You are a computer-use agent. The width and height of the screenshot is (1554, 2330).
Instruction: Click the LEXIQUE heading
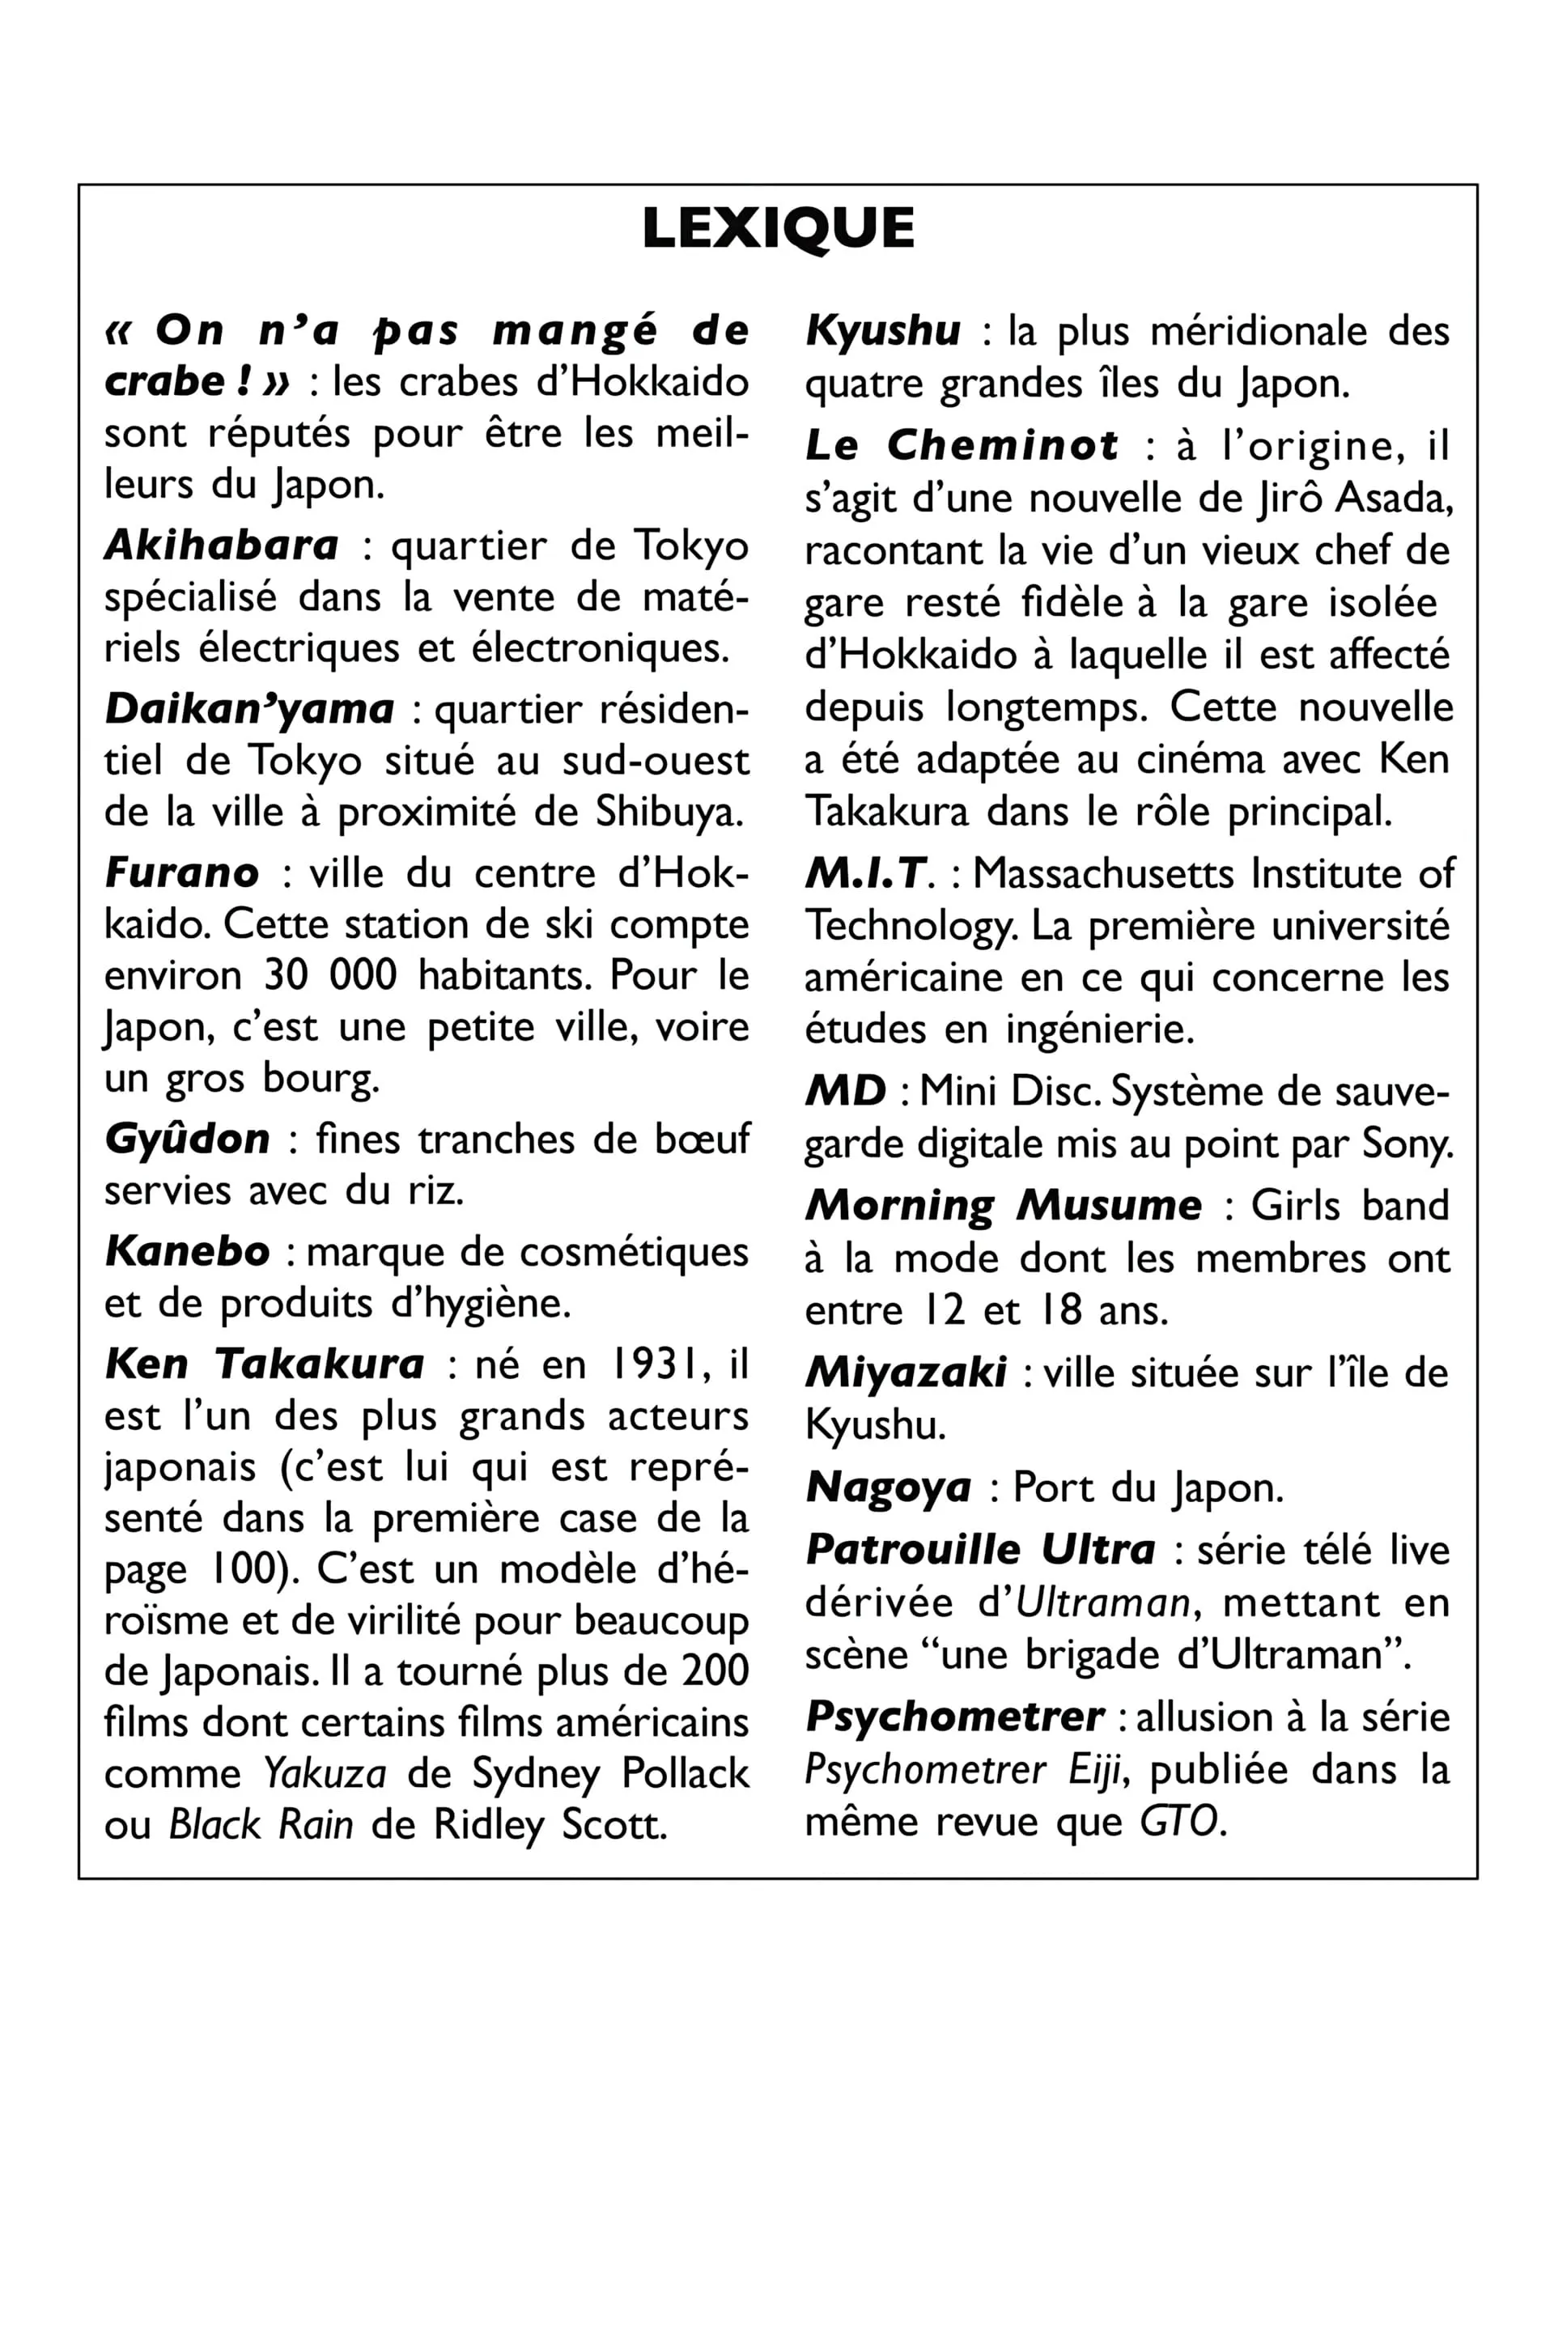778,229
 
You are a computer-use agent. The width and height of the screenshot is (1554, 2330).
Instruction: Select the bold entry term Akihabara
222,545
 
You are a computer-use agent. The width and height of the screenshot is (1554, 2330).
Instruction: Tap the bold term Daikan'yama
250,709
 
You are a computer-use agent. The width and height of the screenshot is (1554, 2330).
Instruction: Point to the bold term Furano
182,872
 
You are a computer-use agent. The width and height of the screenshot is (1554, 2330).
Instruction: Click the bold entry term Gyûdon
187,1139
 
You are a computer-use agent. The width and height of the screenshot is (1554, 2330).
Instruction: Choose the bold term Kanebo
187,1252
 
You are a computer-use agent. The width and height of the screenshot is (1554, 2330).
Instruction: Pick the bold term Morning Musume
1003,1206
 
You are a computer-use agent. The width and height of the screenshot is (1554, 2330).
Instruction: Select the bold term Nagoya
888,1488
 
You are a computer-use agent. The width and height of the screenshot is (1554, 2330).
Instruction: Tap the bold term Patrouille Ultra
980,1550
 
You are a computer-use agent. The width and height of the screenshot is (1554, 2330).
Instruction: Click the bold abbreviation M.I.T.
866,873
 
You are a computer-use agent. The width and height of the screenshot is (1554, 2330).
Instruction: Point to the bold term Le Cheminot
962,445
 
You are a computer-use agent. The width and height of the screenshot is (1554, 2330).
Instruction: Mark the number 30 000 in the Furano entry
330,975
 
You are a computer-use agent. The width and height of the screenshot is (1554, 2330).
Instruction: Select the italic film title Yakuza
325,1774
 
